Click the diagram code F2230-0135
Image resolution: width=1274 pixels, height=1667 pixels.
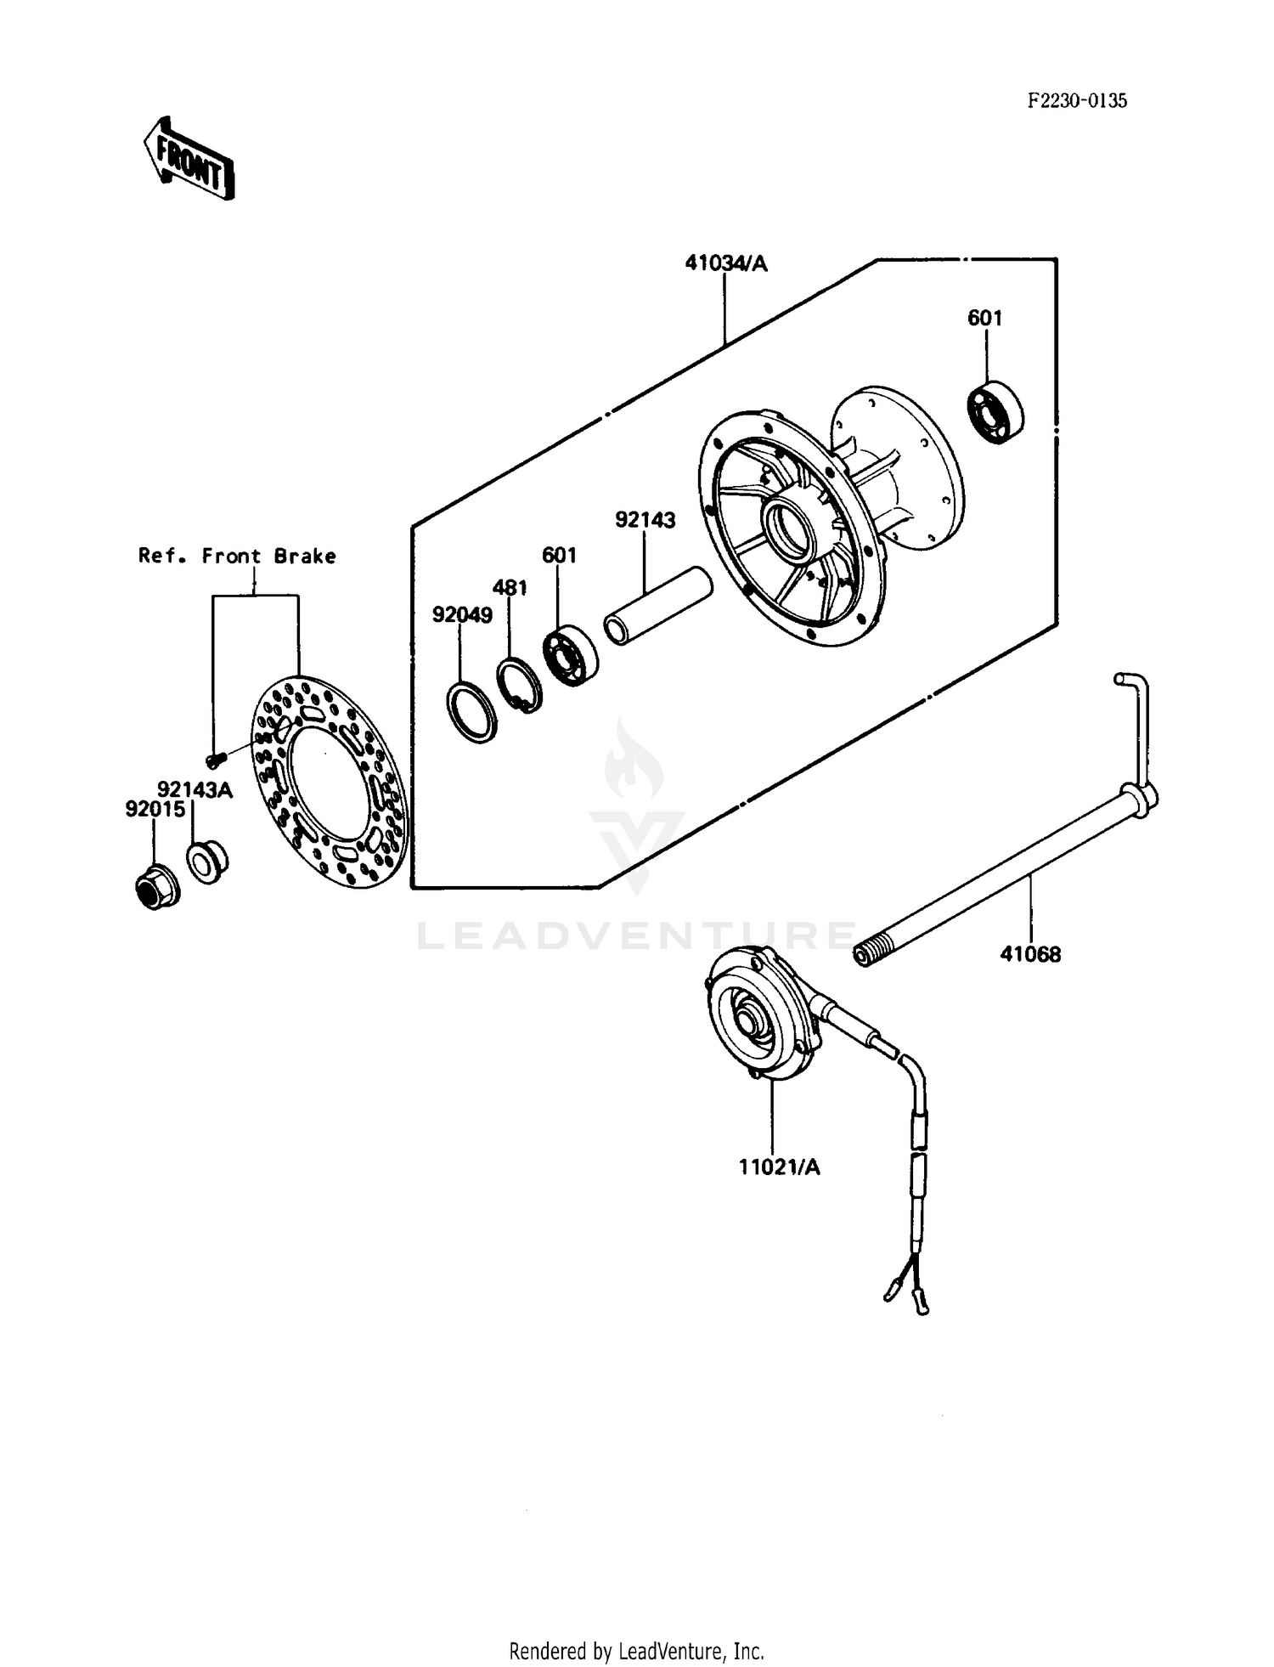(1077, 101)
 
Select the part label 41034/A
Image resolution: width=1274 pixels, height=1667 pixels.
(726, 264)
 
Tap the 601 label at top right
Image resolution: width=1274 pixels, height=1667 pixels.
(985, 319)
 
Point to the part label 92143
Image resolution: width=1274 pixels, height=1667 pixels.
(645, 520)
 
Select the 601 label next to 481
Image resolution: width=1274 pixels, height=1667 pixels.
(560, 556)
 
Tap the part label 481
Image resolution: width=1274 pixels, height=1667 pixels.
(510, 588)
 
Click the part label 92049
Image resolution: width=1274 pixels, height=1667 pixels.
(462, 615)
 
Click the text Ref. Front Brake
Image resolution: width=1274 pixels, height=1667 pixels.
(237, 557)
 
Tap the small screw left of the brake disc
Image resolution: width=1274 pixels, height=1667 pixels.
(214, 754)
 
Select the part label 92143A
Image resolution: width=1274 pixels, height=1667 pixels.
(194, 790)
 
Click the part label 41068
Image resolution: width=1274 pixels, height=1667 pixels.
(1030, 954)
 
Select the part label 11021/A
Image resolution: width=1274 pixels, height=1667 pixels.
(779, 1167)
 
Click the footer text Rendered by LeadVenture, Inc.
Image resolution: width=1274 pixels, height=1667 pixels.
(636, 1652)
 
